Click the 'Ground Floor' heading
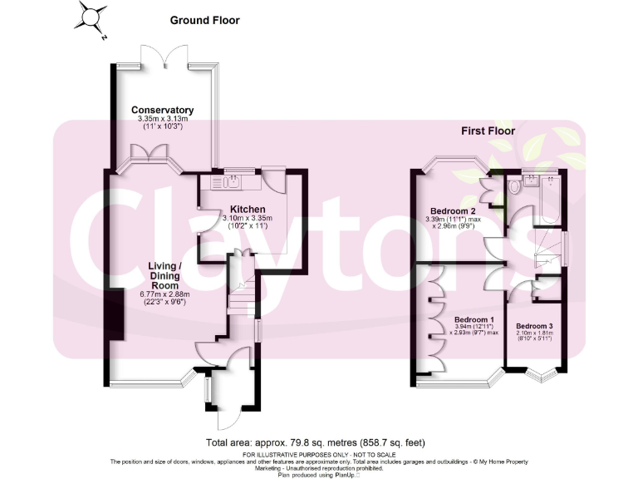coord(205,20)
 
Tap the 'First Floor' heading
coord(488,131)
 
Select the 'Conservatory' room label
coord(163,110)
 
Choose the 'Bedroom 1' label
coord(474,320)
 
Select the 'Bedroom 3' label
coord(534,326)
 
